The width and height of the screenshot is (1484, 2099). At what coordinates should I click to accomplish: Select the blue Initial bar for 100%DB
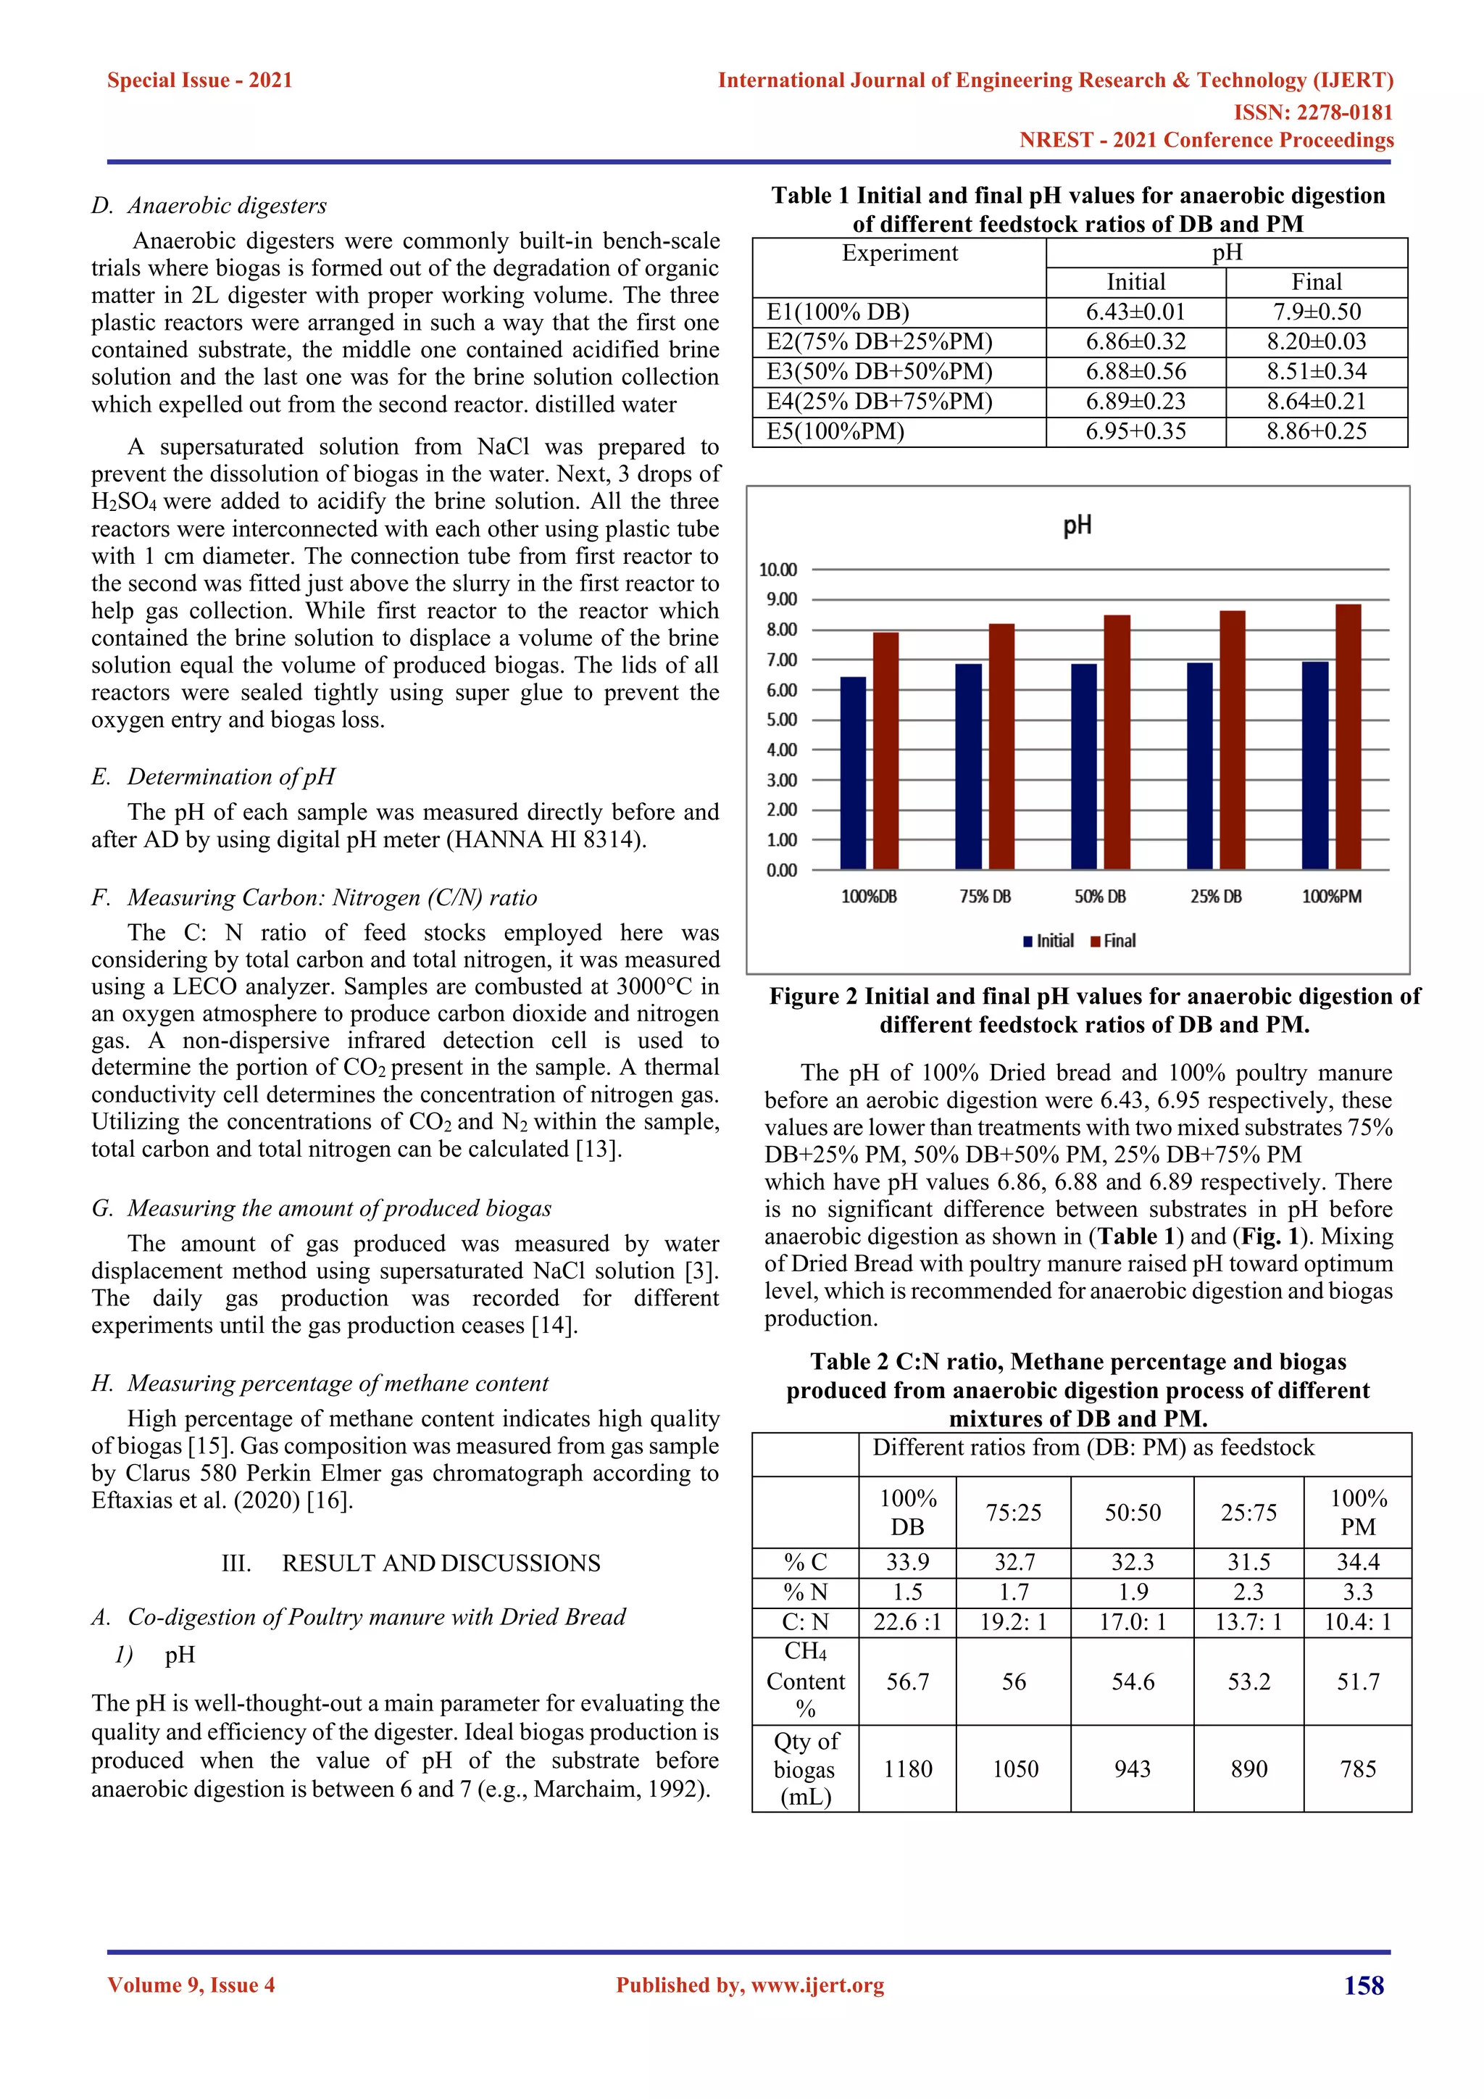pos(853,773)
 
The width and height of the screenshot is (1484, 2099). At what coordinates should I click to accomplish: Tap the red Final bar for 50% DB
pos(1117,742)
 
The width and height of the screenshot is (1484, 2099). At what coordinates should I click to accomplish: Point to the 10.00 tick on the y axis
pos(778,570)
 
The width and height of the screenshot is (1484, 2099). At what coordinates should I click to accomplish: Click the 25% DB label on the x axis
pos(1215,897)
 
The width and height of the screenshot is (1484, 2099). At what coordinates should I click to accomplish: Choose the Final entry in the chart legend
pos(1113,941)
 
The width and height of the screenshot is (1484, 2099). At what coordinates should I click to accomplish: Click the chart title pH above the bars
pos(1077,525)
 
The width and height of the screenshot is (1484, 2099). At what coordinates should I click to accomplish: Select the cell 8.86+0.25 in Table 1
pos(1316,431)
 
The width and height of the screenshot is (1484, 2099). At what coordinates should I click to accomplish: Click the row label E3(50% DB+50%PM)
pos(879,371)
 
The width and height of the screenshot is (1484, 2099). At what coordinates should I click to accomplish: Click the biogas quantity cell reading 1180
pos(907,1769)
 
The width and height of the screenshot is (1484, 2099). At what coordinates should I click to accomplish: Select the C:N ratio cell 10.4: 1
pos(1358,1622)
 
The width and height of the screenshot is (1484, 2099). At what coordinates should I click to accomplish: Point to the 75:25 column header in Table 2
pos(1014,1512)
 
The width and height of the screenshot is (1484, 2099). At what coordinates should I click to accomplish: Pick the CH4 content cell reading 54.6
pos(1132,1682)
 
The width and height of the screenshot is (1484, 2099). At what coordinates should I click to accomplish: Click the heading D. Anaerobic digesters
pos(209,206)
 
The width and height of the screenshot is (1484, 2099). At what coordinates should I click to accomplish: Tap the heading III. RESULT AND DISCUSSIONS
pos(411,1563)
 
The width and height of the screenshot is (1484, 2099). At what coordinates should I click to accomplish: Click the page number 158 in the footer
pos(1364,1986)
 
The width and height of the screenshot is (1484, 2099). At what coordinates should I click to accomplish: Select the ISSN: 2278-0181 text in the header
pos(1313,112)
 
